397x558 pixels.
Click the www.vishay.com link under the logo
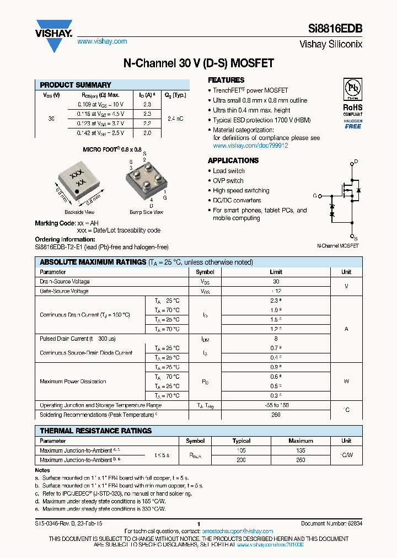pyautogui.click(x=102, y=41)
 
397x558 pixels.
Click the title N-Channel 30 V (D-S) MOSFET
pyautogui.click(x=198, y=63)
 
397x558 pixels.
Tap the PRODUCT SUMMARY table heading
pyautogui.click(x=76, y=85)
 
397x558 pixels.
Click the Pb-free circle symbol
pyautogui.click(x=353, y=89)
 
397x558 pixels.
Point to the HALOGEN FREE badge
pyautogui.click(x=353, y=124)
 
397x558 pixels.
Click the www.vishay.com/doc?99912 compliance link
pyautogui.click(x=250, y=146)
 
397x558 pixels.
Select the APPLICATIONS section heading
pyautogui.click(x=233, y=160)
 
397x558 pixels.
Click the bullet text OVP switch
pyautogui.click(x=228, y=180)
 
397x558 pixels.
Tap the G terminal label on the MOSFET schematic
pyautogui.click(x=315, y=196)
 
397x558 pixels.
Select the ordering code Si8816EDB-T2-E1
pyautogui.click(x=62, y=247)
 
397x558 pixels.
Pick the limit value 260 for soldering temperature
pyautogui.click(x=276, y=415)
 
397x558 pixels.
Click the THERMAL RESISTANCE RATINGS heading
pyautogui.click(x=96, y=431)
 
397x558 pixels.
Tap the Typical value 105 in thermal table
pyautogui.click(x=241, y=450)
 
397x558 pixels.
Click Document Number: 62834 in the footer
pyautogui.click(x=331, y=523)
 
